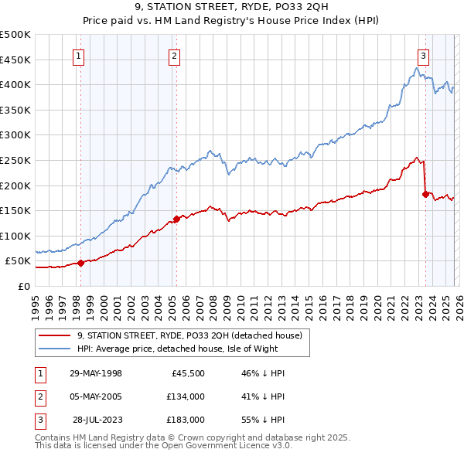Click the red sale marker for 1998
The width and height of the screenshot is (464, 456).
tap(80, 263)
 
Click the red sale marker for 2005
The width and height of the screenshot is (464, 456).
tap(176, 219)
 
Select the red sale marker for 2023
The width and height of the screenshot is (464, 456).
tap(425, 194)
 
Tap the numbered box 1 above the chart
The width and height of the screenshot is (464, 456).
tap(80, 56)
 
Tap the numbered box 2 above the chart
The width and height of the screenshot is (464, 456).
tap(175, 56)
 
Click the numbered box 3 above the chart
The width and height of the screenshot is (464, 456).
tap(424, 56)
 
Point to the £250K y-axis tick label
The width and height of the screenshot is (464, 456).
tap(15, 160)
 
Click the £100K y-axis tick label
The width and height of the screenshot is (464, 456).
tap(15, 236)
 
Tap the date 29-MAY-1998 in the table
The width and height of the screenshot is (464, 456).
tap(96, 373)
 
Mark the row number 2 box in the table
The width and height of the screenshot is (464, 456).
tap(39, 396)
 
